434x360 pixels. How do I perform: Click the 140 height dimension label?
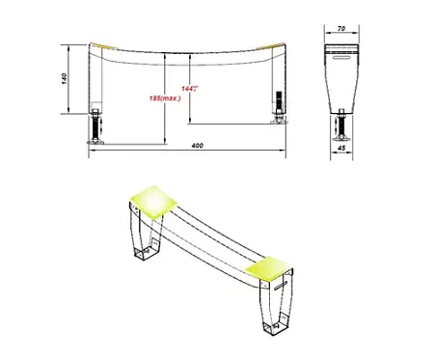[x=61, y=83]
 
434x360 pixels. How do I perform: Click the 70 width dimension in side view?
[x=343, y=31]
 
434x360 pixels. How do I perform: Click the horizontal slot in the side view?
[x=343, y=58]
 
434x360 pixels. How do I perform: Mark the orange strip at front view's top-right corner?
[x=279, y=45]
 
